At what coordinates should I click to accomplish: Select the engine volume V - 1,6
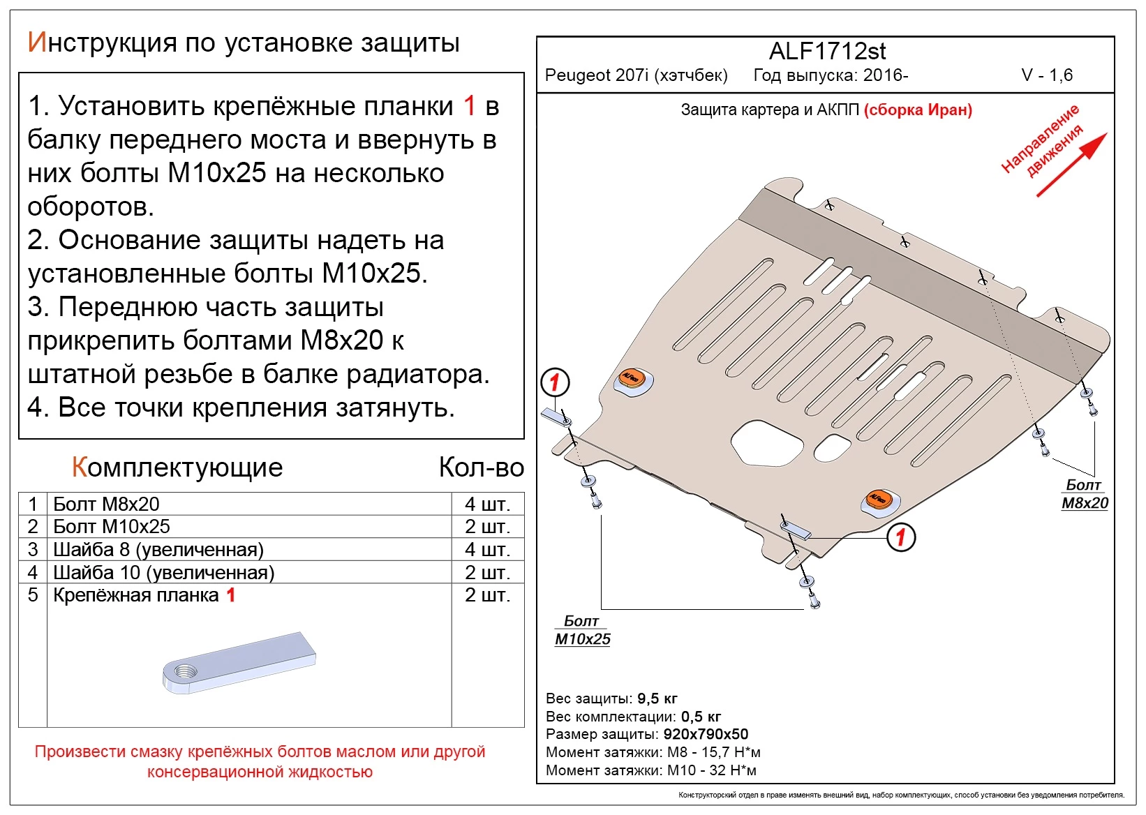(1046, 75)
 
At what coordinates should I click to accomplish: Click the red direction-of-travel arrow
(1071, 165)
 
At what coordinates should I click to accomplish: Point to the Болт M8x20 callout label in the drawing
(1084, 494)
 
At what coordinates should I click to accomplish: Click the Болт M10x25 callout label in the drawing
(582, 630)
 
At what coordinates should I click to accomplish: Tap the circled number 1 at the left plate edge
(556, 382)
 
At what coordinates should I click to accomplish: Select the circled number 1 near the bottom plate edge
(900, 537)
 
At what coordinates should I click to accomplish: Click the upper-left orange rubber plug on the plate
(632, 378)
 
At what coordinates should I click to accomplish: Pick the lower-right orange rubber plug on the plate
(878, 499)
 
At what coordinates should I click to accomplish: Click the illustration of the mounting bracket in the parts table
(239, 662)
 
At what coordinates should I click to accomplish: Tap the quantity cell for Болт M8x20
(487, 504)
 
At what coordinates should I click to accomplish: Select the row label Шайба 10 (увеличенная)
(163, 572)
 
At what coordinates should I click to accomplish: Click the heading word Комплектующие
(177, 468)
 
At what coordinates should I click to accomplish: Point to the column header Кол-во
(481, 468)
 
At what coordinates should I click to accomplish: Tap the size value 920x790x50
(705, 734)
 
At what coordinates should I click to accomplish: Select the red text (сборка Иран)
(918, 110)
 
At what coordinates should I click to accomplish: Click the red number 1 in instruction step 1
(469, 106)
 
